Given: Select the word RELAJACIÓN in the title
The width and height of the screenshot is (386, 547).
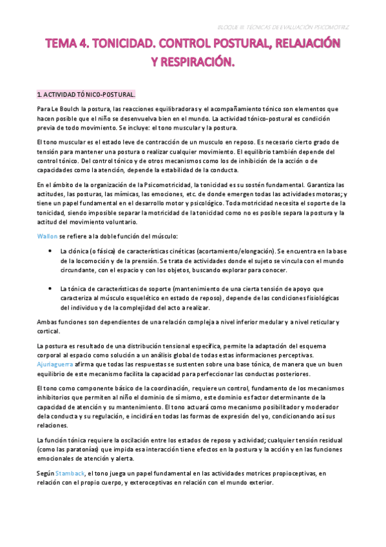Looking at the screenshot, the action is tap(301, 45).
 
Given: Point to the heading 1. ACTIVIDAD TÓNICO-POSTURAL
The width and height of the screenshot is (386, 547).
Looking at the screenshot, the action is tap(86, 94).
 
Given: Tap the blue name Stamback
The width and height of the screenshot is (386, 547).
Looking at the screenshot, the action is tap(68, 473).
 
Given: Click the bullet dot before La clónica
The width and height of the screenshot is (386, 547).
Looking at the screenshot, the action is tap(50, 250).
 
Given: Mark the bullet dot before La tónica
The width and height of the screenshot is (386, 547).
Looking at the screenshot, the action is tap(50, 289).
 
